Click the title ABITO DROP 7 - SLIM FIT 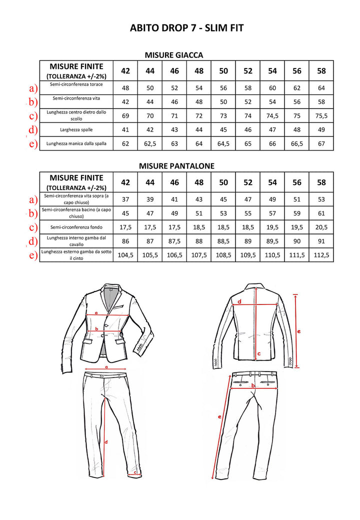pos(186,28)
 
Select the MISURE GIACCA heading pos(173,55)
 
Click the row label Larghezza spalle pos(76,130)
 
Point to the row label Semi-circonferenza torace pos(76,85)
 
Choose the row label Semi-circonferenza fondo pos(76,227)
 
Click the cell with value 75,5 pos(321,116)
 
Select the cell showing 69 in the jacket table pos(125,116)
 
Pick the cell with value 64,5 pos(223,144)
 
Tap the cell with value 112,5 pos(321,255)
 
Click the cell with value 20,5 pos(321,227)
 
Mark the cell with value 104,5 pos(125,255)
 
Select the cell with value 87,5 pos(174,241)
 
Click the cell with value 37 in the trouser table pos(125,199)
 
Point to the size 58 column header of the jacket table pos(321,70)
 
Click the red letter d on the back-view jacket pos(239,301)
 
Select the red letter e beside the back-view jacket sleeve pos(298,331)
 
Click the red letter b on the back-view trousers pos(253,386)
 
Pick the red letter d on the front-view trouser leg pos(106,442)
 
